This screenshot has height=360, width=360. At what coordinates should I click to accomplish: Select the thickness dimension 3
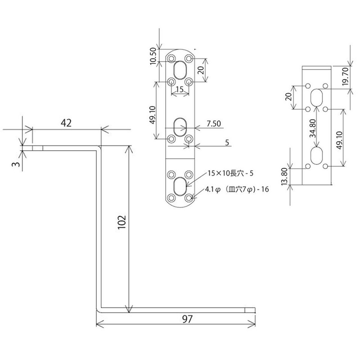pyautogui.click(x=16, y=164)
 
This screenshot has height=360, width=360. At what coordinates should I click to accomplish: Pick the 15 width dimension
pyautogui.click(x=180, y=90)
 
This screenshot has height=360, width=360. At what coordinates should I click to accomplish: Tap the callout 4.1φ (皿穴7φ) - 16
pyautogui.click(x=236, y=189)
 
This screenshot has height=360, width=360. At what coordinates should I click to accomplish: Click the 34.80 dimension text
pyautogui.click(x=313, y=128)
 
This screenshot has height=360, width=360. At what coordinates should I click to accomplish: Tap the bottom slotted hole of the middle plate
pyautogui.click(x=180, y=186)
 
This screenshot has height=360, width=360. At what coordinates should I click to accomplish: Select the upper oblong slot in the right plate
pyautogui.click(x=317, y=97)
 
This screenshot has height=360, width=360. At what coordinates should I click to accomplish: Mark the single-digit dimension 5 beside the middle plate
pyautogui.click(x=227, y=142)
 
